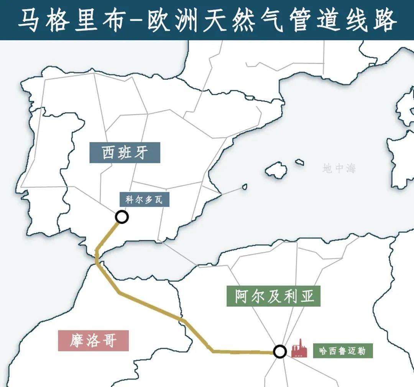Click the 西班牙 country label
click(x=125, y=152)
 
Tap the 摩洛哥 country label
click(x=93, y=340)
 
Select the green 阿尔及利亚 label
click(x=273, y=296)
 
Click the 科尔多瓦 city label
click(x=144, y=200)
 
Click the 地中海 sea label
click(x=339, y=168)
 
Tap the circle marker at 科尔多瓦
click(x=122, y=217)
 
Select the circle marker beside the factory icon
click(x=280, y=351)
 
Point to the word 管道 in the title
click(x=314, y=20)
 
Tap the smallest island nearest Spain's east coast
click(x=244, y=187)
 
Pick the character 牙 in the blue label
click(x=146, y=152)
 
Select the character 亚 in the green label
click(x=306, y=296)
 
